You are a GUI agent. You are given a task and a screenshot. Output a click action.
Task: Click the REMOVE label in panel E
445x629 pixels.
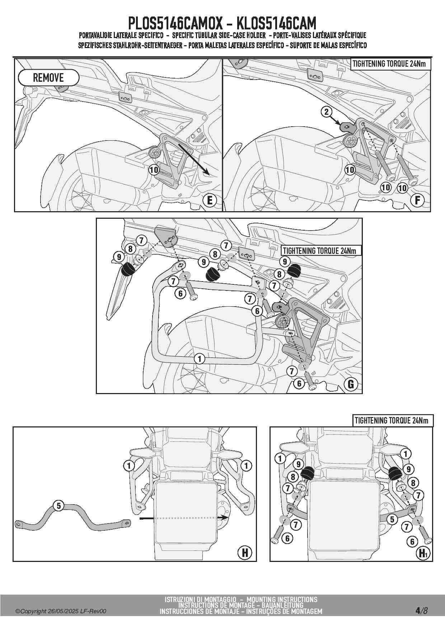[48, 77]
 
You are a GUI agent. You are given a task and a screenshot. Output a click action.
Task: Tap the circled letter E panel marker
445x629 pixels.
[210, 200]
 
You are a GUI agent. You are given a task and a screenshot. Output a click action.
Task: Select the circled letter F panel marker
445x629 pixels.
[418, 200]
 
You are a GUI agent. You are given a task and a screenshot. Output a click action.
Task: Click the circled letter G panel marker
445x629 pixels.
[351, 384]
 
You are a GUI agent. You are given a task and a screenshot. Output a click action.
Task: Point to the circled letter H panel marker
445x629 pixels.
[245, 553]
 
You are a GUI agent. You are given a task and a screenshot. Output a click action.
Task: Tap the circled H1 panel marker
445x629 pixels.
[423, 553]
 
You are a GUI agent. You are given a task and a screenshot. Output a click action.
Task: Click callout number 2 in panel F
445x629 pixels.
[326, 112]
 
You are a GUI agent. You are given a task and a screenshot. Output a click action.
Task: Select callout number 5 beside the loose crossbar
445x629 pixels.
[59, 506]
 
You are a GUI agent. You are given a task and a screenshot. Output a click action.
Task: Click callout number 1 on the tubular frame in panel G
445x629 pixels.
[200, 358]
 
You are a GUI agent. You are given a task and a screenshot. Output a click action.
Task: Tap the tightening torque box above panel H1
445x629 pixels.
[392, 421]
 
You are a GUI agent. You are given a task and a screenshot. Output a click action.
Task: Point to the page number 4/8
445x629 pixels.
[422, 611]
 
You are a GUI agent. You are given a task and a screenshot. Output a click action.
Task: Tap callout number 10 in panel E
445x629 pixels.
[154, 170]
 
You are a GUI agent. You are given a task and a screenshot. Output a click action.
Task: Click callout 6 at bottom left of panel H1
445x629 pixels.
[287, 538]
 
